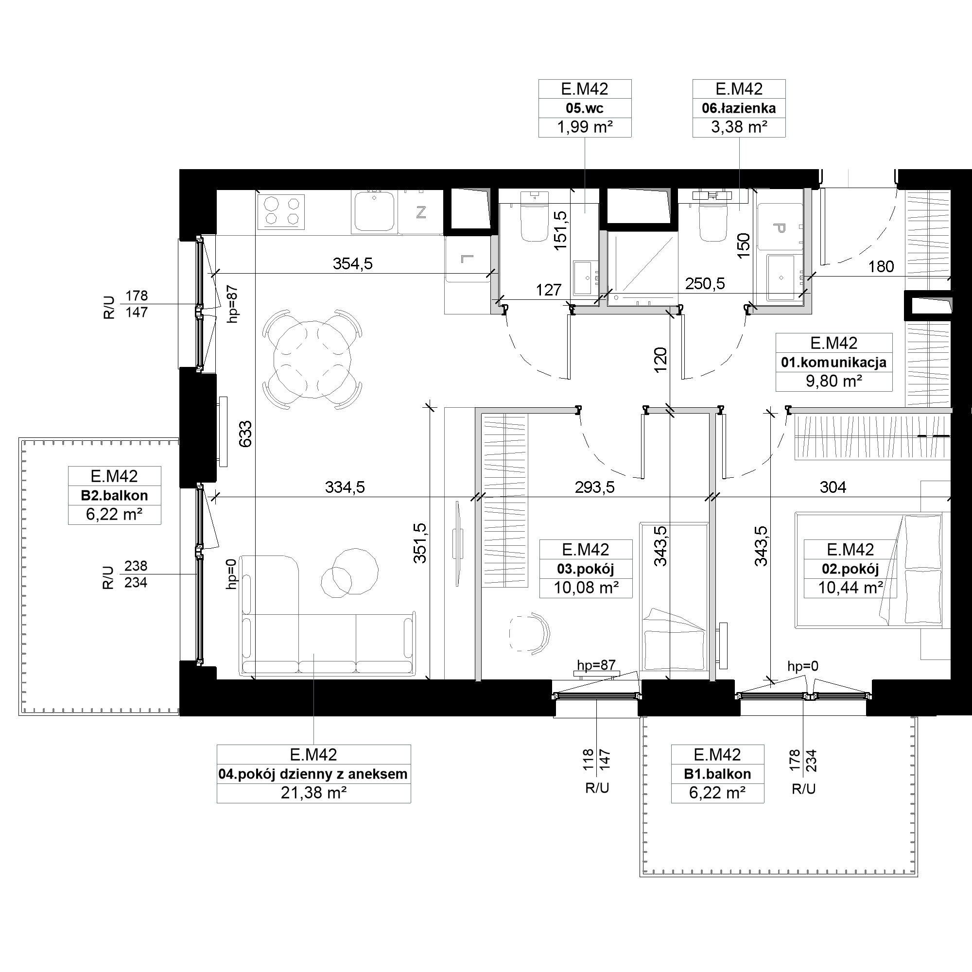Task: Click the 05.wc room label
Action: tap(585, 108)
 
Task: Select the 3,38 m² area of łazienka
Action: tap(739, 127)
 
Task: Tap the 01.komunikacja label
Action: tap(833, 362)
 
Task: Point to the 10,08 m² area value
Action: tap(586, 588)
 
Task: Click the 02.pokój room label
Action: tap(850, 569)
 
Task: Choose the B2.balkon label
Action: tap(114, 496)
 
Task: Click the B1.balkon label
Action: tap(717, 774)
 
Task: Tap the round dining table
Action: tap(312, 359)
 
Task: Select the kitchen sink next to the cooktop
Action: tap(374, 211)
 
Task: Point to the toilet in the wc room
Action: tap(534, 217)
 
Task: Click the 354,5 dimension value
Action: tap(353, 263)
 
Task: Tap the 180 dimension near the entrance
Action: tap(882, 267)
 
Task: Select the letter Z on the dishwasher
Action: tap(421, 212)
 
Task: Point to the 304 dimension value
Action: tap(833, 487)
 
